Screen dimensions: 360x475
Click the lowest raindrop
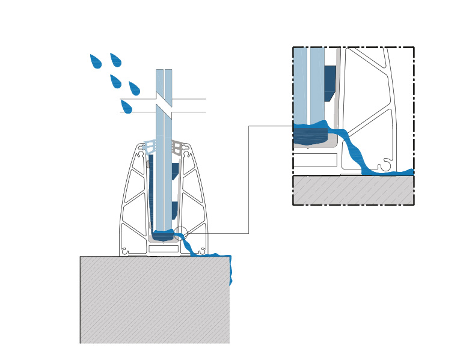click(x=126, y=107)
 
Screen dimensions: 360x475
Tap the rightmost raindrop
click(x=134, y=89)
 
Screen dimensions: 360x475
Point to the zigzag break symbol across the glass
click(x=164, y=105)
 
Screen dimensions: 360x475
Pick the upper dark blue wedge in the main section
click(x=174, y=171)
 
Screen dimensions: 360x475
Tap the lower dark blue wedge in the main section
click(x=174, y=210)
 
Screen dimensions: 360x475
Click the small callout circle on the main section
click(x=182, y=233)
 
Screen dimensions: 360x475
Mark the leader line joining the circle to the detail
click(x=248, y=180)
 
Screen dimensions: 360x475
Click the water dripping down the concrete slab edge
click(x=229, y=270)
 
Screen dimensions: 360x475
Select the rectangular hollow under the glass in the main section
click(x=164, y=248)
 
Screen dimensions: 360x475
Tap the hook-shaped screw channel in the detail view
click(x=384, y=164)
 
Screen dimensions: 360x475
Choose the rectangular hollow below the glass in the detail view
click(x=315, y=160)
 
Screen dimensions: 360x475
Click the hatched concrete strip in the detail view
click(x=353, y=189)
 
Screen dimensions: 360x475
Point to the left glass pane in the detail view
click(x=300, y=84)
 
